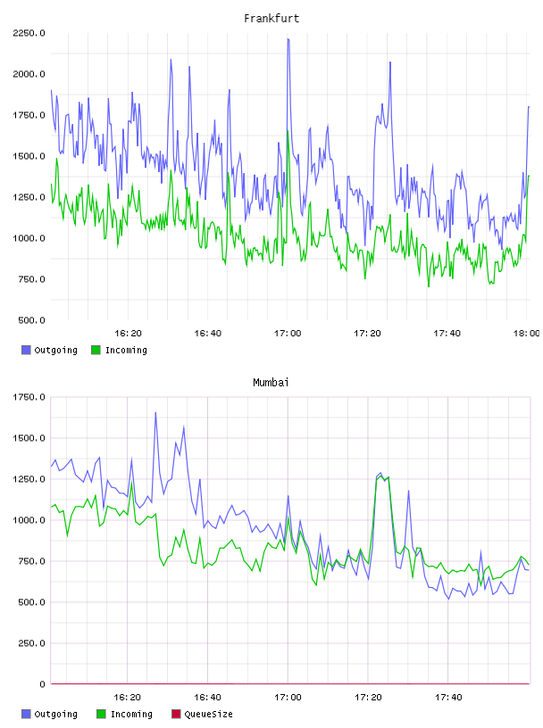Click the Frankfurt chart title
(271, 19)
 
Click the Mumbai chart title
(271, 383)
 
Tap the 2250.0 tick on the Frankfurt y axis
(29, 33)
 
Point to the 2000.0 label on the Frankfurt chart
(29, 74)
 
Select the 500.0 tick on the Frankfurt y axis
(31, 320)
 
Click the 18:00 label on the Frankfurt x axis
(526, 334)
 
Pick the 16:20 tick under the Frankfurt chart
(128, 334)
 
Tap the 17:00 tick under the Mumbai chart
(288, 698)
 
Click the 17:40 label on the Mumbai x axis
(448, 698)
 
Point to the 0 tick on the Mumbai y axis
(42, 684)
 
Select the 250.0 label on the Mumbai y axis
(31, 643)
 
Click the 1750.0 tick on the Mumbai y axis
(29, 397)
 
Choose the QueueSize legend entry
(202, 714)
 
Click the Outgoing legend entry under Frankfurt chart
(50, 350)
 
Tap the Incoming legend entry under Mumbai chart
(125, 714)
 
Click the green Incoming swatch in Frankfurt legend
(96, 350)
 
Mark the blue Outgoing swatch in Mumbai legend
(26, 714)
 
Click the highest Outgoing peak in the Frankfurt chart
(288, 39)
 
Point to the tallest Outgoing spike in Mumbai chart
(155, 413)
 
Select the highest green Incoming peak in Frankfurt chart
(288, 131)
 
